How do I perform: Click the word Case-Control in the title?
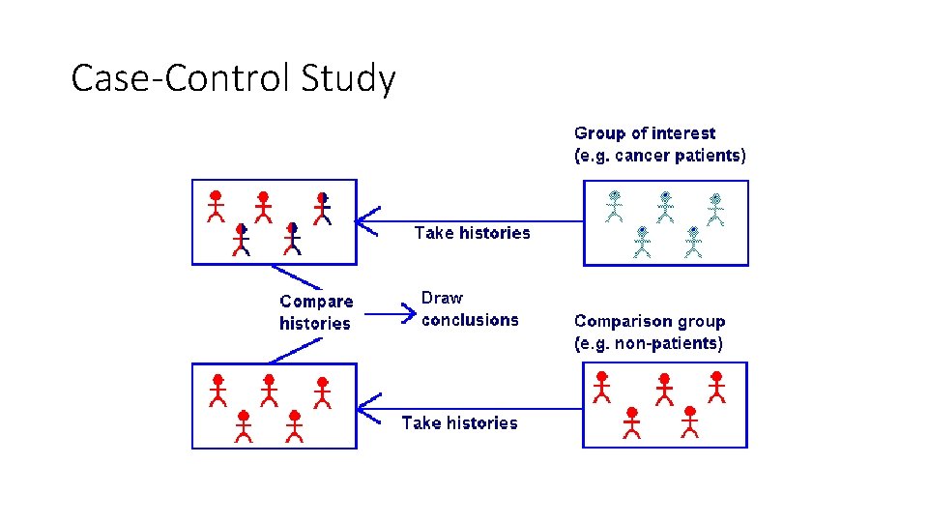(181, 78)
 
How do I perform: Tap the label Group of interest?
(645, 133)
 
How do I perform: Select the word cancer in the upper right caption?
(638, 156)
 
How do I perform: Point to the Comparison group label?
(649, 321)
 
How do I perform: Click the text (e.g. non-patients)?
(648, 343)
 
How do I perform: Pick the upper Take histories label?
(472, 233)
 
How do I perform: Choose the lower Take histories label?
(459, 422)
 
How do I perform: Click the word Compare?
(316, 302)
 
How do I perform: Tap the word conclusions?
(470, 320)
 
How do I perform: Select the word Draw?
(442, 298)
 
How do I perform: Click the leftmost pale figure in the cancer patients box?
(614, 206)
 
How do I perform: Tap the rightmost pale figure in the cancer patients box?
(715, 210)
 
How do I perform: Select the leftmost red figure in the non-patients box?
(601, 386)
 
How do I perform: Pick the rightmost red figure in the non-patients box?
(716, 386)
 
